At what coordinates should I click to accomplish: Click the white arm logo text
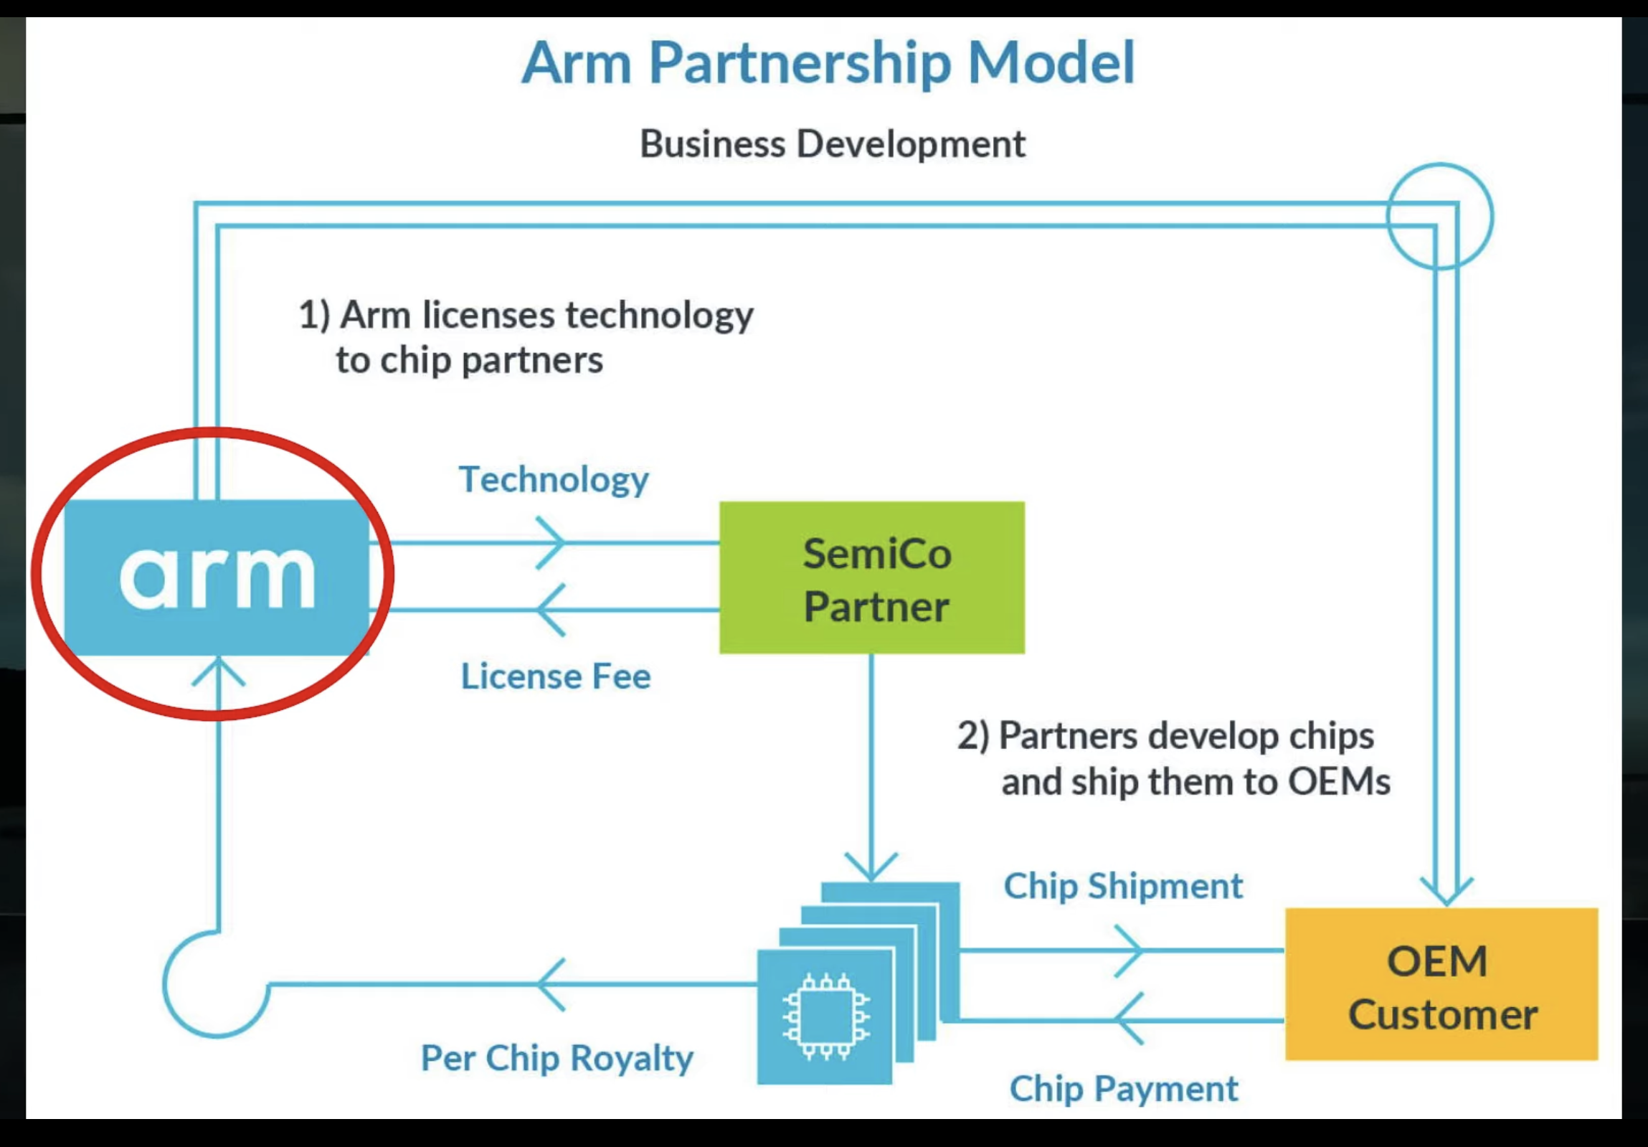[217, 577]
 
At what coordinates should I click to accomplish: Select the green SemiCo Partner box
[871, 577]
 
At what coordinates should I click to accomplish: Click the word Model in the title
[1051, 63]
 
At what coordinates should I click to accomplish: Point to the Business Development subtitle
[832, 144]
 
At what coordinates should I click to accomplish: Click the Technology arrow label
[554, 479]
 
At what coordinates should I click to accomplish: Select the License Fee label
[556, 676]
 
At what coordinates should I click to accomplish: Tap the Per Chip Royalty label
[557, 1058]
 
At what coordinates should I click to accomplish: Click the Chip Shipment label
[1122, 886]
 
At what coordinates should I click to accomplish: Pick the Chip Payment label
[1123, 1088]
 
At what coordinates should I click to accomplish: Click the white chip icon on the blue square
[825, 1016]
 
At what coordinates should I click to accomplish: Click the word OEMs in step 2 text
[1339, 782]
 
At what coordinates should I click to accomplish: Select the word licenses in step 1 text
[488, 316]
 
